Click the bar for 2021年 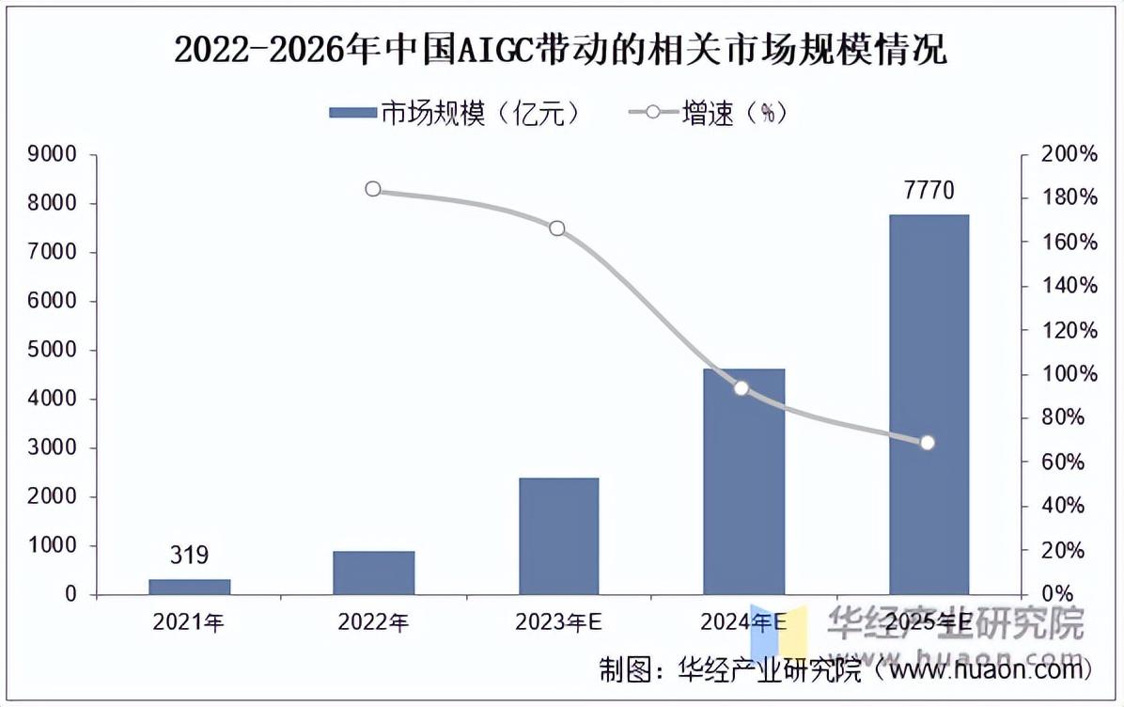pos(189,587)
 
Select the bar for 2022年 pos(373,573)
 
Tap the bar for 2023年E pos(558,536)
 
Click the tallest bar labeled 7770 pos(929,404)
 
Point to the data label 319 pos(189,556)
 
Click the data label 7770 pos(929,191)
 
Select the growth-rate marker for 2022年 pos(373,189)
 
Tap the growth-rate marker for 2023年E pos(557,228)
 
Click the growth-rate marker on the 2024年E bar pos(742,388)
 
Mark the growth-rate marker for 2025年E pos(928,443)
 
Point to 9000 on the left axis pos(58,155)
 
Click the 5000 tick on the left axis pos(58,351)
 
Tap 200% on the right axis pos(1069,155)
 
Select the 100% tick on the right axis pos(1069,374)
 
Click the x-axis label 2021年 pos(189,622)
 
